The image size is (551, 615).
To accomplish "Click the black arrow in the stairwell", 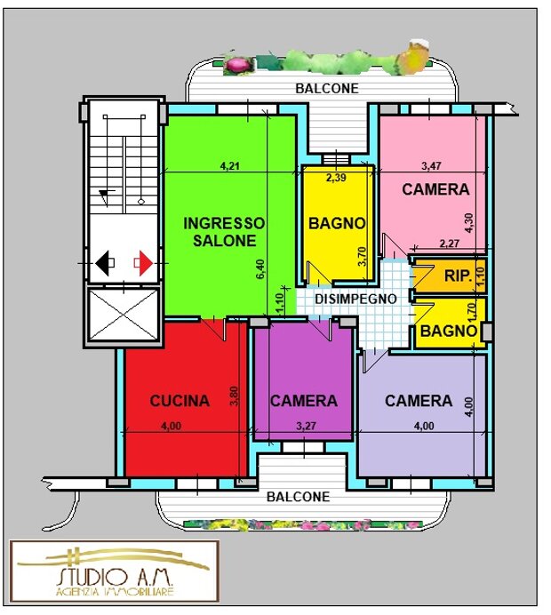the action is pos(102,263).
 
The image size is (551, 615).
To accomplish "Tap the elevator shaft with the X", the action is pos(124,315).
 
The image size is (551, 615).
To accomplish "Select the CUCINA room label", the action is pos(180,401).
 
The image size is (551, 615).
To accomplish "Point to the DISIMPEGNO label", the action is pos(355,299).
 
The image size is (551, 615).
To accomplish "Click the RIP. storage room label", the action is pos(458,276).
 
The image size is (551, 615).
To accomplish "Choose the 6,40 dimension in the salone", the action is pos(260,269).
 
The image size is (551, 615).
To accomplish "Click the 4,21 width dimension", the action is pos(230,166).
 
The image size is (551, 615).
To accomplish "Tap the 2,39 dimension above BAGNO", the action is pos(337,178).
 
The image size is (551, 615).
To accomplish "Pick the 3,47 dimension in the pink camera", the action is pos(431,166).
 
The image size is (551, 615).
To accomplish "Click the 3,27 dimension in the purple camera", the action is pos(306,426).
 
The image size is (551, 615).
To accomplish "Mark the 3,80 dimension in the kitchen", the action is pos(235,396).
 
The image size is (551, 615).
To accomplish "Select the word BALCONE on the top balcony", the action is pos(327,89).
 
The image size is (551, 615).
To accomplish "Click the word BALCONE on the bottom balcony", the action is pos(298,497).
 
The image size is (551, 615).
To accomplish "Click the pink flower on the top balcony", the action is pos(237,64).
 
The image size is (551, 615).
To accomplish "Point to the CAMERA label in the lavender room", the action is pos(419,401).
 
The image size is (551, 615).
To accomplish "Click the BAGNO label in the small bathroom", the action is pos(449,331).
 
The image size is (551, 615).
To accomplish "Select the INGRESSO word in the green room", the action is pos(224,223).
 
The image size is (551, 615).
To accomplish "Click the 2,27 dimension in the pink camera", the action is pos(450,244).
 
